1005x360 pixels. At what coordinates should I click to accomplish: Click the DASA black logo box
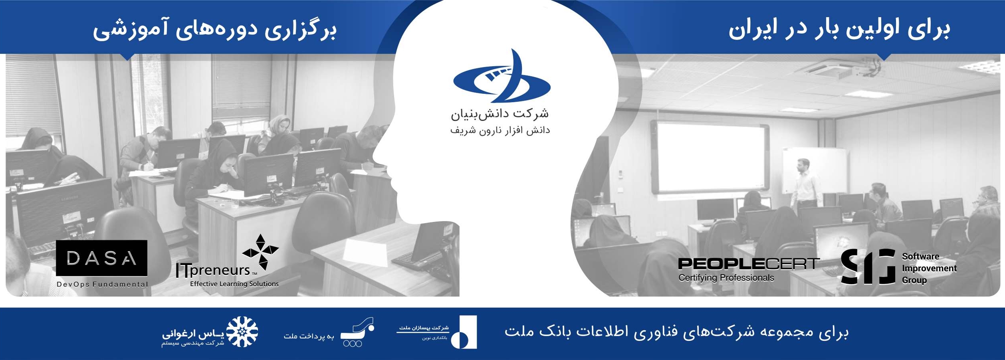click(101, 258)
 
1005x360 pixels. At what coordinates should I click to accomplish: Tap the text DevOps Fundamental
click(102, 284)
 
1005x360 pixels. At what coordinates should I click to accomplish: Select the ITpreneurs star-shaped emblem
click(261, 251)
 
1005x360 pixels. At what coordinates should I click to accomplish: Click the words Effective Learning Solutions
click(234, 284)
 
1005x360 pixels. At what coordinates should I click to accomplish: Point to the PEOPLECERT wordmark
click(749, 264)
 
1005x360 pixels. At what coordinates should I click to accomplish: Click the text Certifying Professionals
click(726, 278)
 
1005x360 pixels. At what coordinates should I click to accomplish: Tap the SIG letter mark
click(868, 266)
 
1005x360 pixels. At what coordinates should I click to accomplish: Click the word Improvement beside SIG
click(929, 268)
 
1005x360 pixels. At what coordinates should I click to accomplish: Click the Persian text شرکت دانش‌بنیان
click(500, 114)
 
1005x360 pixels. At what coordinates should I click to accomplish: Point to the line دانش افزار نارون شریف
click(500, 131)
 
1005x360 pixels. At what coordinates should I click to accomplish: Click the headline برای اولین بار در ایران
click(839, 29)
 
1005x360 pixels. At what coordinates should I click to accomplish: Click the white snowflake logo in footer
click(242, 332)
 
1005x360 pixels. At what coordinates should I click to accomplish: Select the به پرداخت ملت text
click(309, 336)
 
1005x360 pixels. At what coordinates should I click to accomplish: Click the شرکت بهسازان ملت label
click(424, 328)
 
